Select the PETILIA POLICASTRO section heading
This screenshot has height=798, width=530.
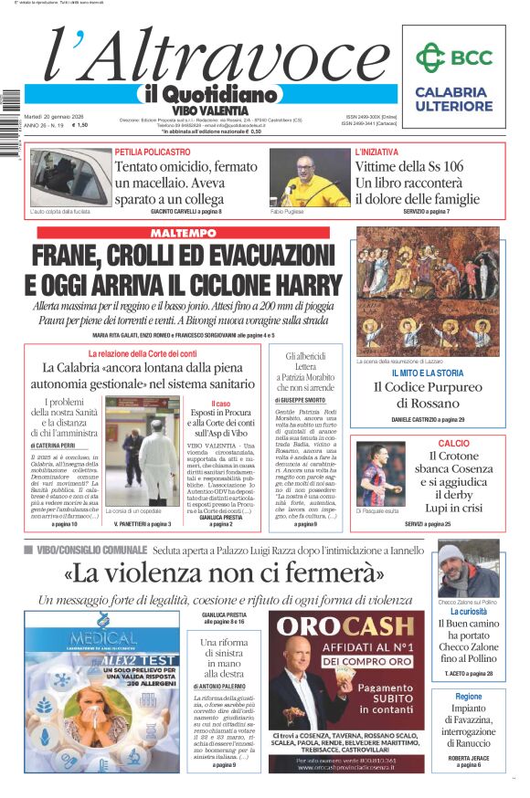(154, 152)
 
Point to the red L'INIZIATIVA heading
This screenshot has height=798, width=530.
(376, 152)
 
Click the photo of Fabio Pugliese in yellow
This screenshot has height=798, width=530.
(309, 179)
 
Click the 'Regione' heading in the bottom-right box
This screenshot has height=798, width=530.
(468, 696)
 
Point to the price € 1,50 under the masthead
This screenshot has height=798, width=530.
(80, 125)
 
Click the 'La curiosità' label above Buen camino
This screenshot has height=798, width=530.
(468, 611)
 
